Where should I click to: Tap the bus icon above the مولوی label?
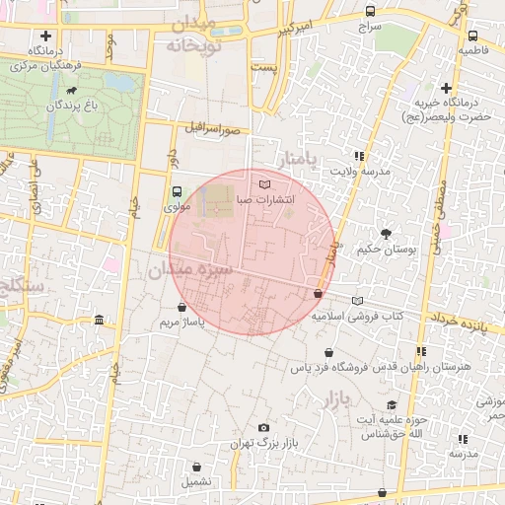(177, 191)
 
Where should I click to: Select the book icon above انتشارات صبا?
(261, 183)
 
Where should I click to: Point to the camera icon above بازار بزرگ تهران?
(262, 427)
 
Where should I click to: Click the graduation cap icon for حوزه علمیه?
(392, 405)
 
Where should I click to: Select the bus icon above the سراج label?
(370, 12)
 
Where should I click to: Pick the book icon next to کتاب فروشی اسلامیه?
(357, 300)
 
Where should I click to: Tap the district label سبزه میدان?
(190, 268)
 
